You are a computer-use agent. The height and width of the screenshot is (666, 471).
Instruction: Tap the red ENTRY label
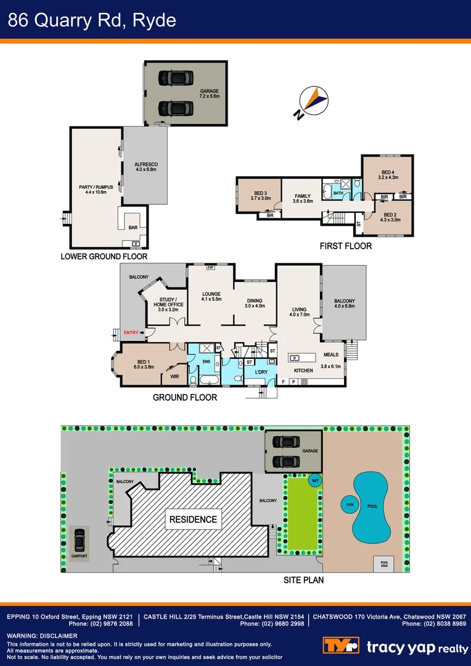tap(131, 333)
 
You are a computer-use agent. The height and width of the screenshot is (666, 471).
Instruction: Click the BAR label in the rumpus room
tap(133, 228)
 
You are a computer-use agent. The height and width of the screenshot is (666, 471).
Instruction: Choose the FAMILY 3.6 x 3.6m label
tap(303, 199)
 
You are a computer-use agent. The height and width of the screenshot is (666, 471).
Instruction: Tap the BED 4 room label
tap(388, 174)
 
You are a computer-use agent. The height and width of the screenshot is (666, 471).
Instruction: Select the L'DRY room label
tap(260, 373)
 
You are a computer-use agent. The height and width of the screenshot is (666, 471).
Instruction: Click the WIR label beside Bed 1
tap(174, 376)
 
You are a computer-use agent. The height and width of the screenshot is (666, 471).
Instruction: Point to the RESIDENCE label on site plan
tap(194, 519)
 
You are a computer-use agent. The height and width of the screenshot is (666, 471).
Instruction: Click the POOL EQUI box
tap(384, 564)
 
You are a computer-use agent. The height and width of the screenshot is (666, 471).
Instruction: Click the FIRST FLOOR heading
tap(345, 245)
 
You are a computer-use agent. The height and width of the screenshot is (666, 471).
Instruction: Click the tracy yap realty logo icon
tap(341, 646)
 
